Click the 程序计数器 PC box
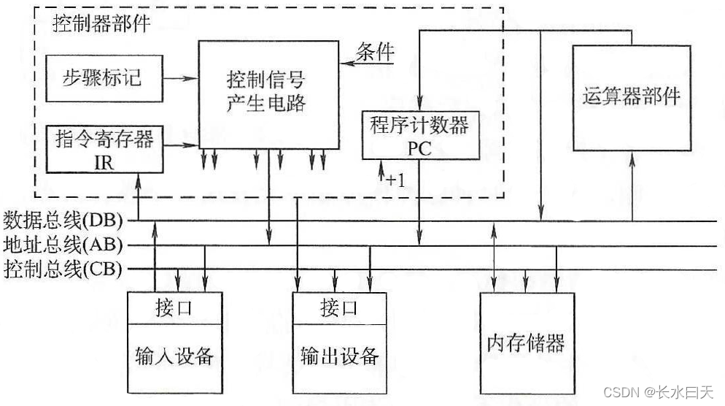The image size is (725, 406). pos(420,134)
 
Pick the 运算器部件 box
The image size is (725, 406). pos(632,96)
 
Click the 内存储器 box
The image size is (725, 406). pos(526,342)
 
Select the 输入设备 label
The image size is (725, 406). pos(174,356)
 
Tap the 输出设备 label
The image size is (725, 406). pos(339,356)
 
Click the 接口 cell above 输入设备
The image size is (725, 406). pos(174,307)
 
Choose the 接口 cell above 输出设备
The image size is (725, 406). pos(339,307)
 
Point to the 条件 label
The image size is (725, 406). pos(375,53)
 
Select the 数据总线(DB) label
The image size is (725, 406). pos(63,219)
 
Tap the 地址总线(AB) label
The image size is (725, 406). pos(63,244)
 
